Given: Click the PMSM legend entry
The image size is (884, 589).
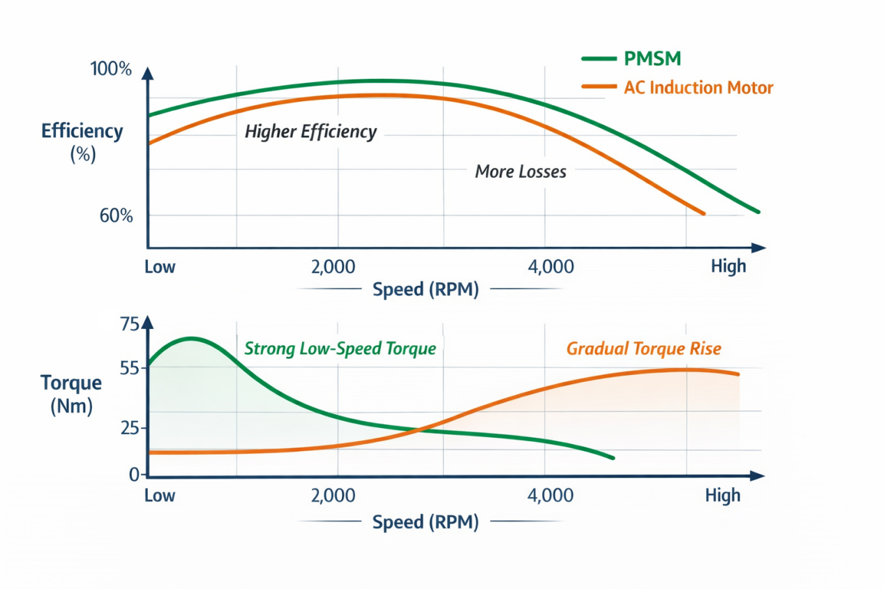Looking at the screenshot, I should tap(652, 59).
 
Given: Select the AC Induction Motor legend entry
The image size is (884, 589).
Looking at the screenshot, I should tap(698, 88).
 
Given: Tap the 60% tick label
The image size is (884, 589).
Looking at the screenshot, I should tap(116, 215).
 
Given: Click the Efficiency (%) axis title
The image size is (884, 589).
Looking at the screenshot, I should tap(82, 142).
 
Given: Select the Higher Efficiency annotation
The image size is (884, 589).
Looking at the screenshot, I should tap(310, 132).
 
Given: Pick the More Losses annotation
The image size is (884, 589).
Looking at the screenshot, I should tap(520, 171).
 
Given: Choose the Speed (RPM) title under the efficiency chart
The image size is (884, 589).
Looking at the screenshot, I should tap(426, 290).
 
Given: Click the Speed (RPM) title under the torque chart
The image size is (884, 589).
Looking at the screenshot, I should tap(426, 522).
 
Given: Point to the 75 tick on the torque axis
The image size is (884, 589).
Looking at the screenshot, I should tap(130, 325).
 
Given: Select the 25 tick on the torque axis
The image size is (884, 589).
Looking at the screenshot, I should tap(130, 427).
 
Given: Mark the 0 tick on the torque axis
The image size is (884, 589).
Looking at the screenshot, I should tap(135, 475).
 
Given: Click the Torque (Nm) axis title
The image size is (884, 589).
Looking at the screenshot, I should tap(71, 394).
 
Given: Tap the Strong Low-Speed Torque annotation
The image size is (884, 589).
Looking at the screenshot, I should tap(340, 348).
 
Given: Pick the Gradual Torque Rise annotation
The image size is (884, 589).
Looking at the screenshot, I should tap(643, 348).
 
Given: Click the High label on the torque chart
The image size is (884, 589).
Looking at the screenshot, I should tap(722, 496).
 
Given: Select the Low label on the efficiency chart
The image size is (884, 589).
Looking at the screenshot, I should tap(160, 267).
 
